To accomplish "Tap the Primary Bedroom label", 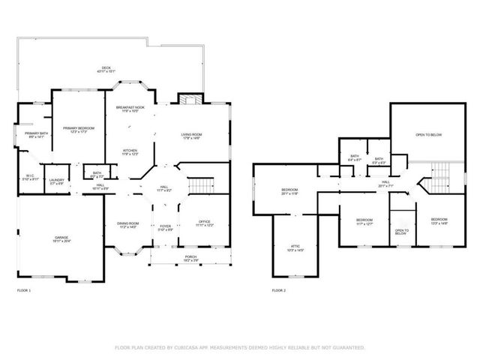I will click(79, 130).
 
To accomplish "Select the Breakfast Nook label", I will click(130, 109).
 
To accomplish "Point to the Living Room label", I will click(190, 136).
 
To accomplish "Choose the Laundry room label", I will click(57, 181).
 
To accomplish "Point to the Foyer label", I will click(165, 226).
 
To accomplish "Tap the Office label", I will click(204, 223).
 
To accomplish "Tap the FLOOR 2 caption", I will click(278, 289).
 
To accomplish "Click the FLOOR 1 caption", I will click(24, 289).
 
